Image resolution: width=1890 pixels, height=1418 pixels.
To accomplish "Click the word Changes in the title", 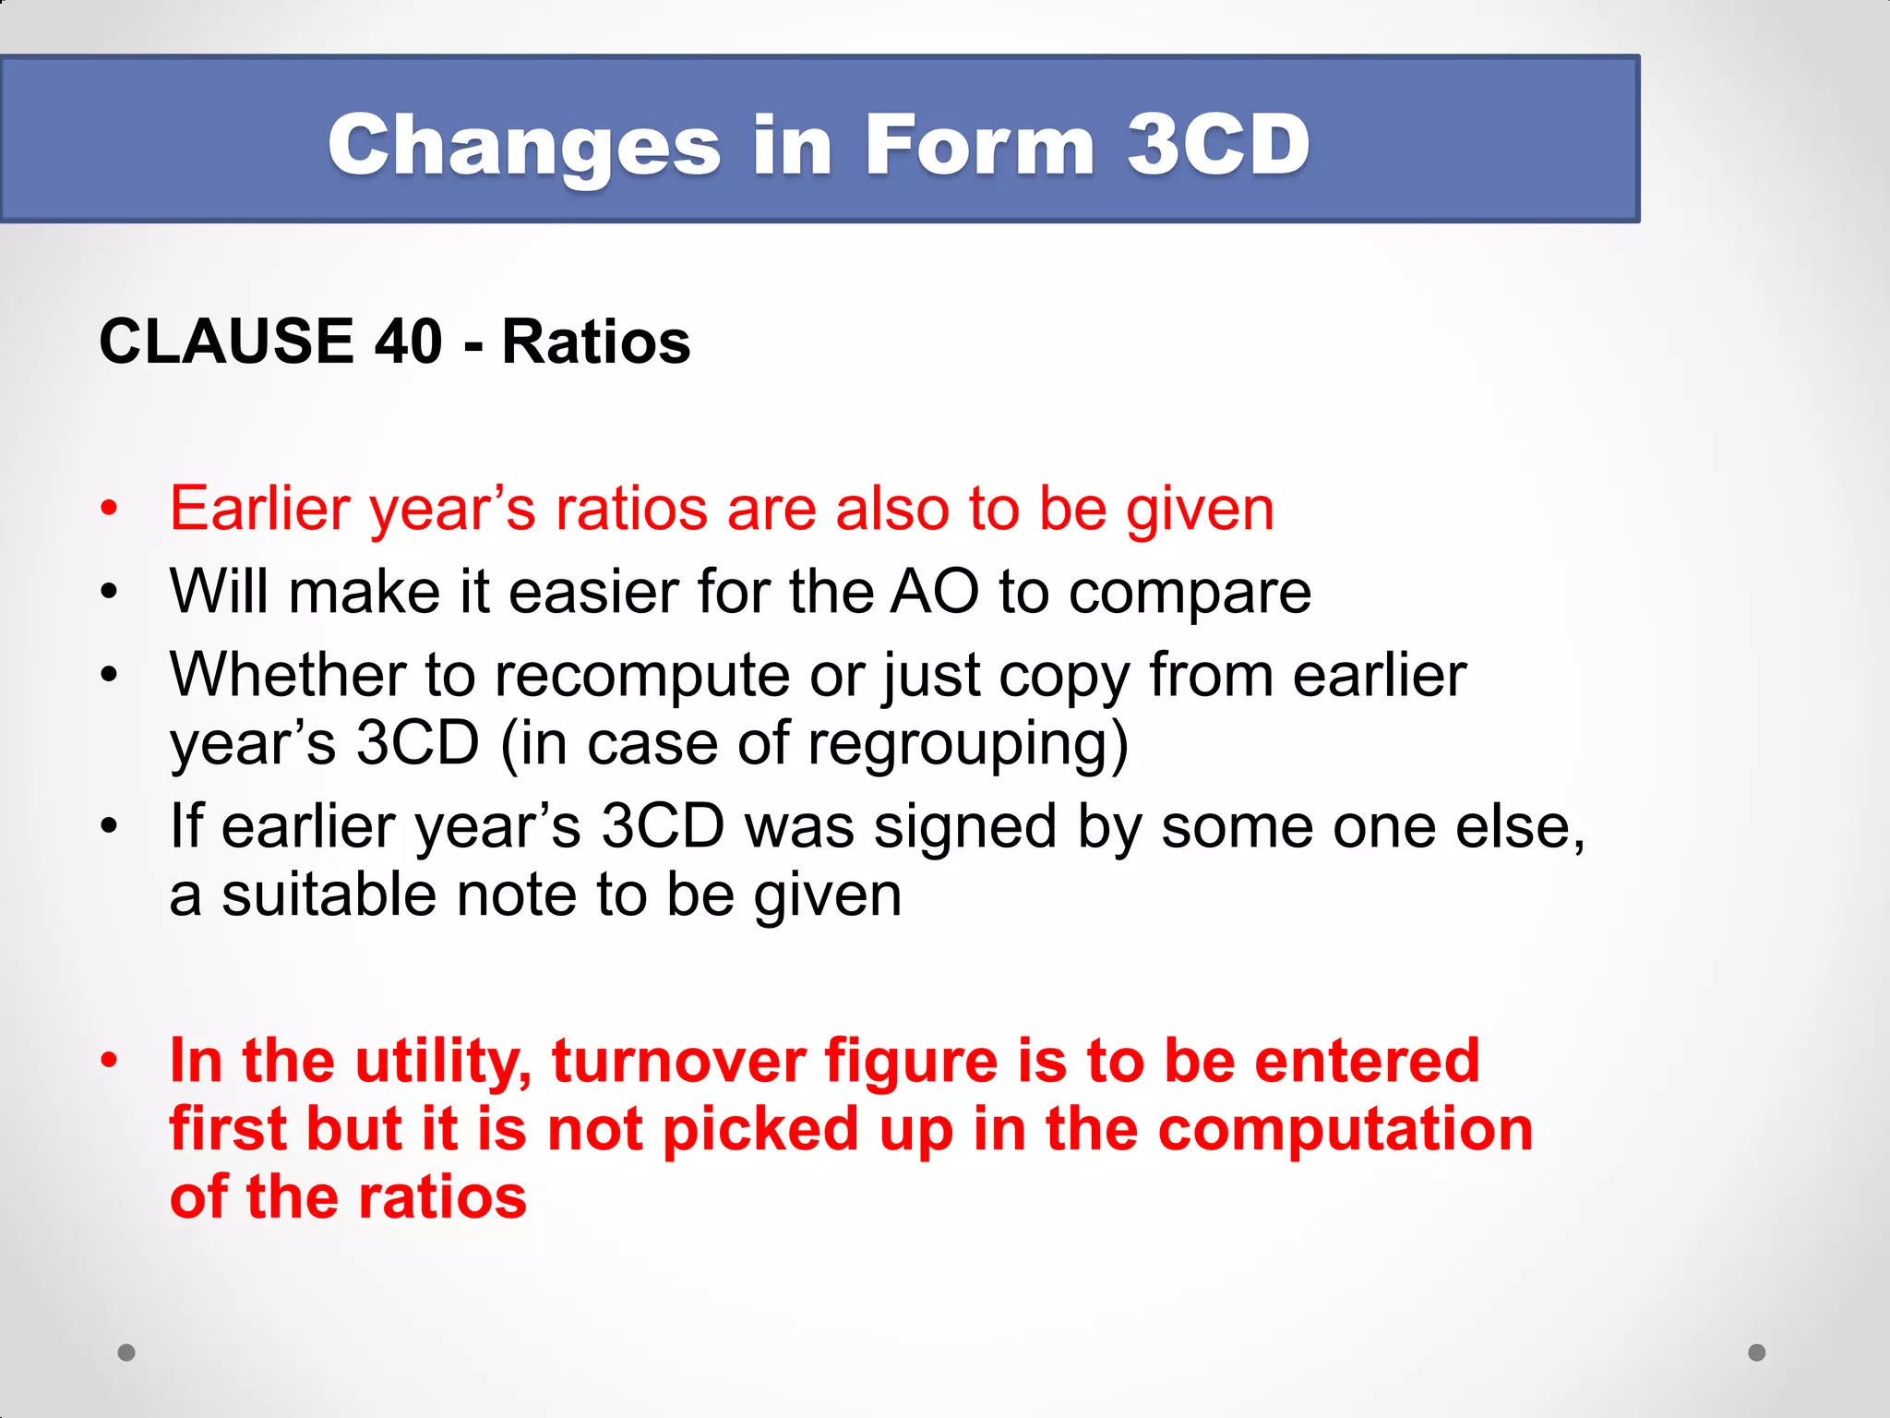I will point(524,146).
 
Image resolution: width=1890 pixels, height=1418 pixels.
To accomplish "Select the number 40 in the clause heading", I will point(409,342).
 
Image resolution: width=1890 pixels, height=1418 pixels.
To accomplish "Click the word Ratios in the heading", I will point(595,342).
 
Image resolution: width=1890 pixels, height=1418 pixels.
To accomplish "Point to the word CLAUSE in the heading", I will point(226,342).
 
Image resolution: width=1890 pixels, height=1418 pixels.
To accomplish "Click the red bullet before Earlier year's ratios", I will point(110,509).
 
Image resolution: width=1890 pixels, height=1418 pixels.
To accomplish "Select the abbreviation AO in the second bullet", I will point(933,591).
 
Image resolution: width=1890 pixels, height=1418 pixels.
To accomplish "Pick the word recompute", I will point(642,676).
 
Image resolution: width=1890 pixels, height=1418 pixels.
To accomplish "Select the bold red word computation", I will point(1345,1130).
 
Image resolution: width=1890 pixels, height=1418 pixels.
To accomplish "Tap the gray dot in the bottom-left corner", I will point(126,1352).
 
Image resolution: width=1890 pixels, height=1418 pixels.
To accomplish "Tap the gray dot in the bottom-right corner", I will point(1756,1352).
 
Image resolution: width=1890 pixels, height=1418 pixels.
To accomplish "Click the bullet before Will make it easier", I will point(110,592).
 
